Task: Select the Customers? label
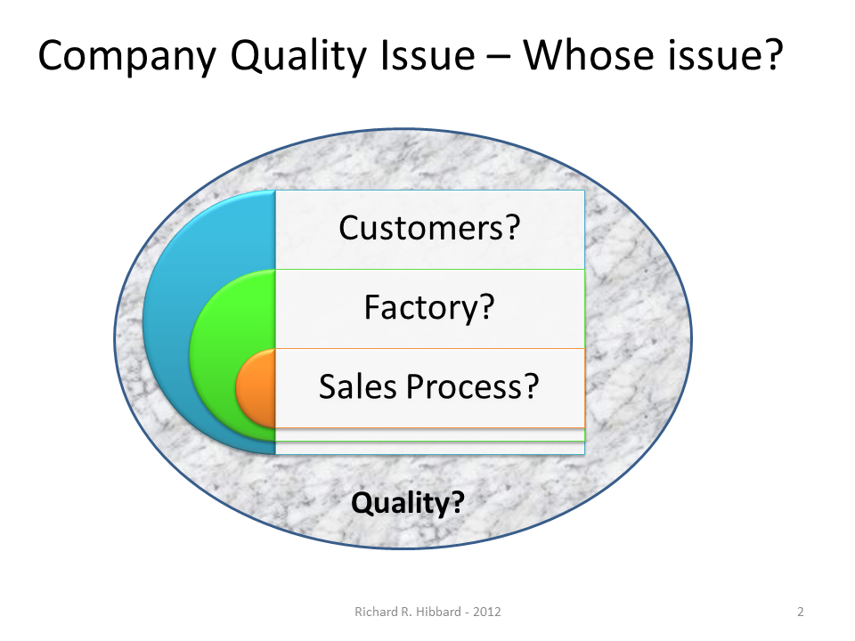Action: click(x=429, y=229)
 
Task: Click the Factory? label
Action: click(x=429, y=308)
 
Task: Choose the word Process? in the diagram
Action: click(x=473, y=387)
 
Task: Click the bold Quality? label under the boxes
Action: click(x=408, y=504)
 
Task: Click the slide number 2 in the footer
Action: click(x=801, y=612)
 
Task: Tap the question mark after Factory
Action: click(x=485, y=308)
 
